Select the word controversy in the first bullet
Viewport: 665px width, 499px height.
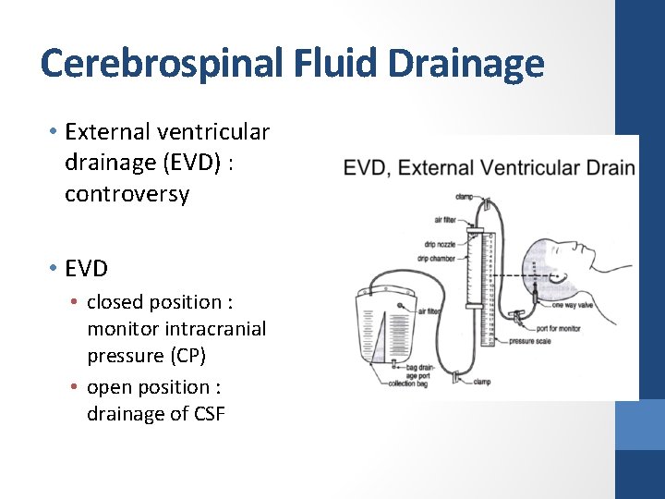coord(127,194)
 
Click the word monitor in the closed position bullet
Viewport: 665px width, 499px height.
coord(125,328)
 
